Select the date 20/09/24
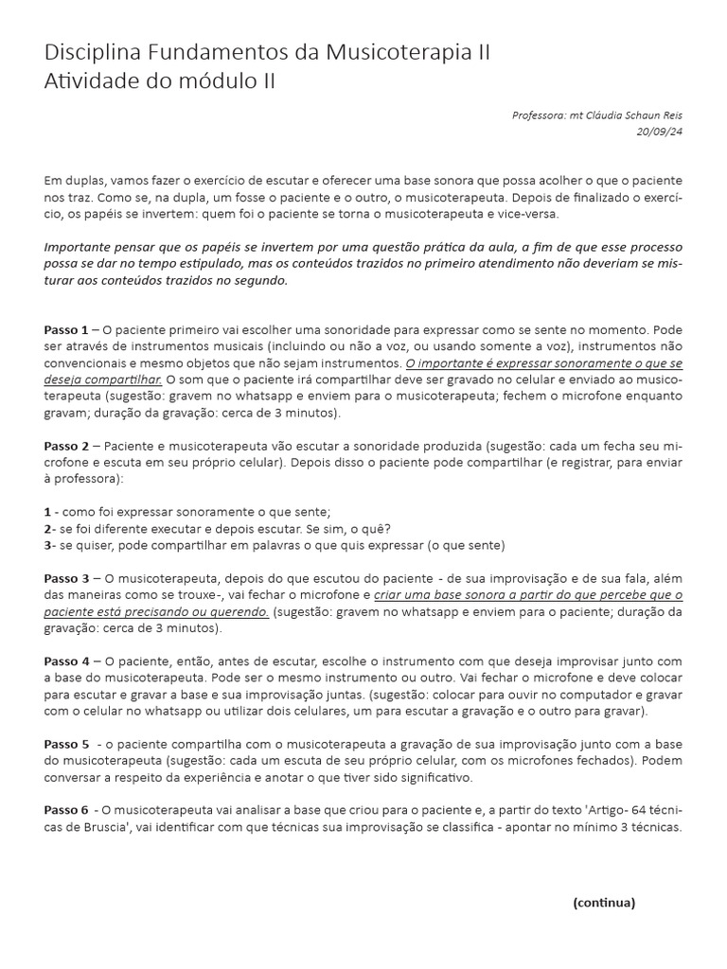[660, 132]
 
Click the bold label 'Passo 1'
[65, 329]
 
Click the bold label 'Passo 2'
[65, 445]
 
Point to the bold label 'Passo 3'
[65, 577]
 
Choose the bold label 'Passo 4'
[65, 660]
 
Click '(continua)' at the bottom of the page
[604, 902]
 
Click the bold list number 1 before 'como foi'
[47, 511]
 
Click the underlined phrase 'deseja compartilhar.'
[103, 379]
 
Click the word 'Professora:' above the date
[539, 115]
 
